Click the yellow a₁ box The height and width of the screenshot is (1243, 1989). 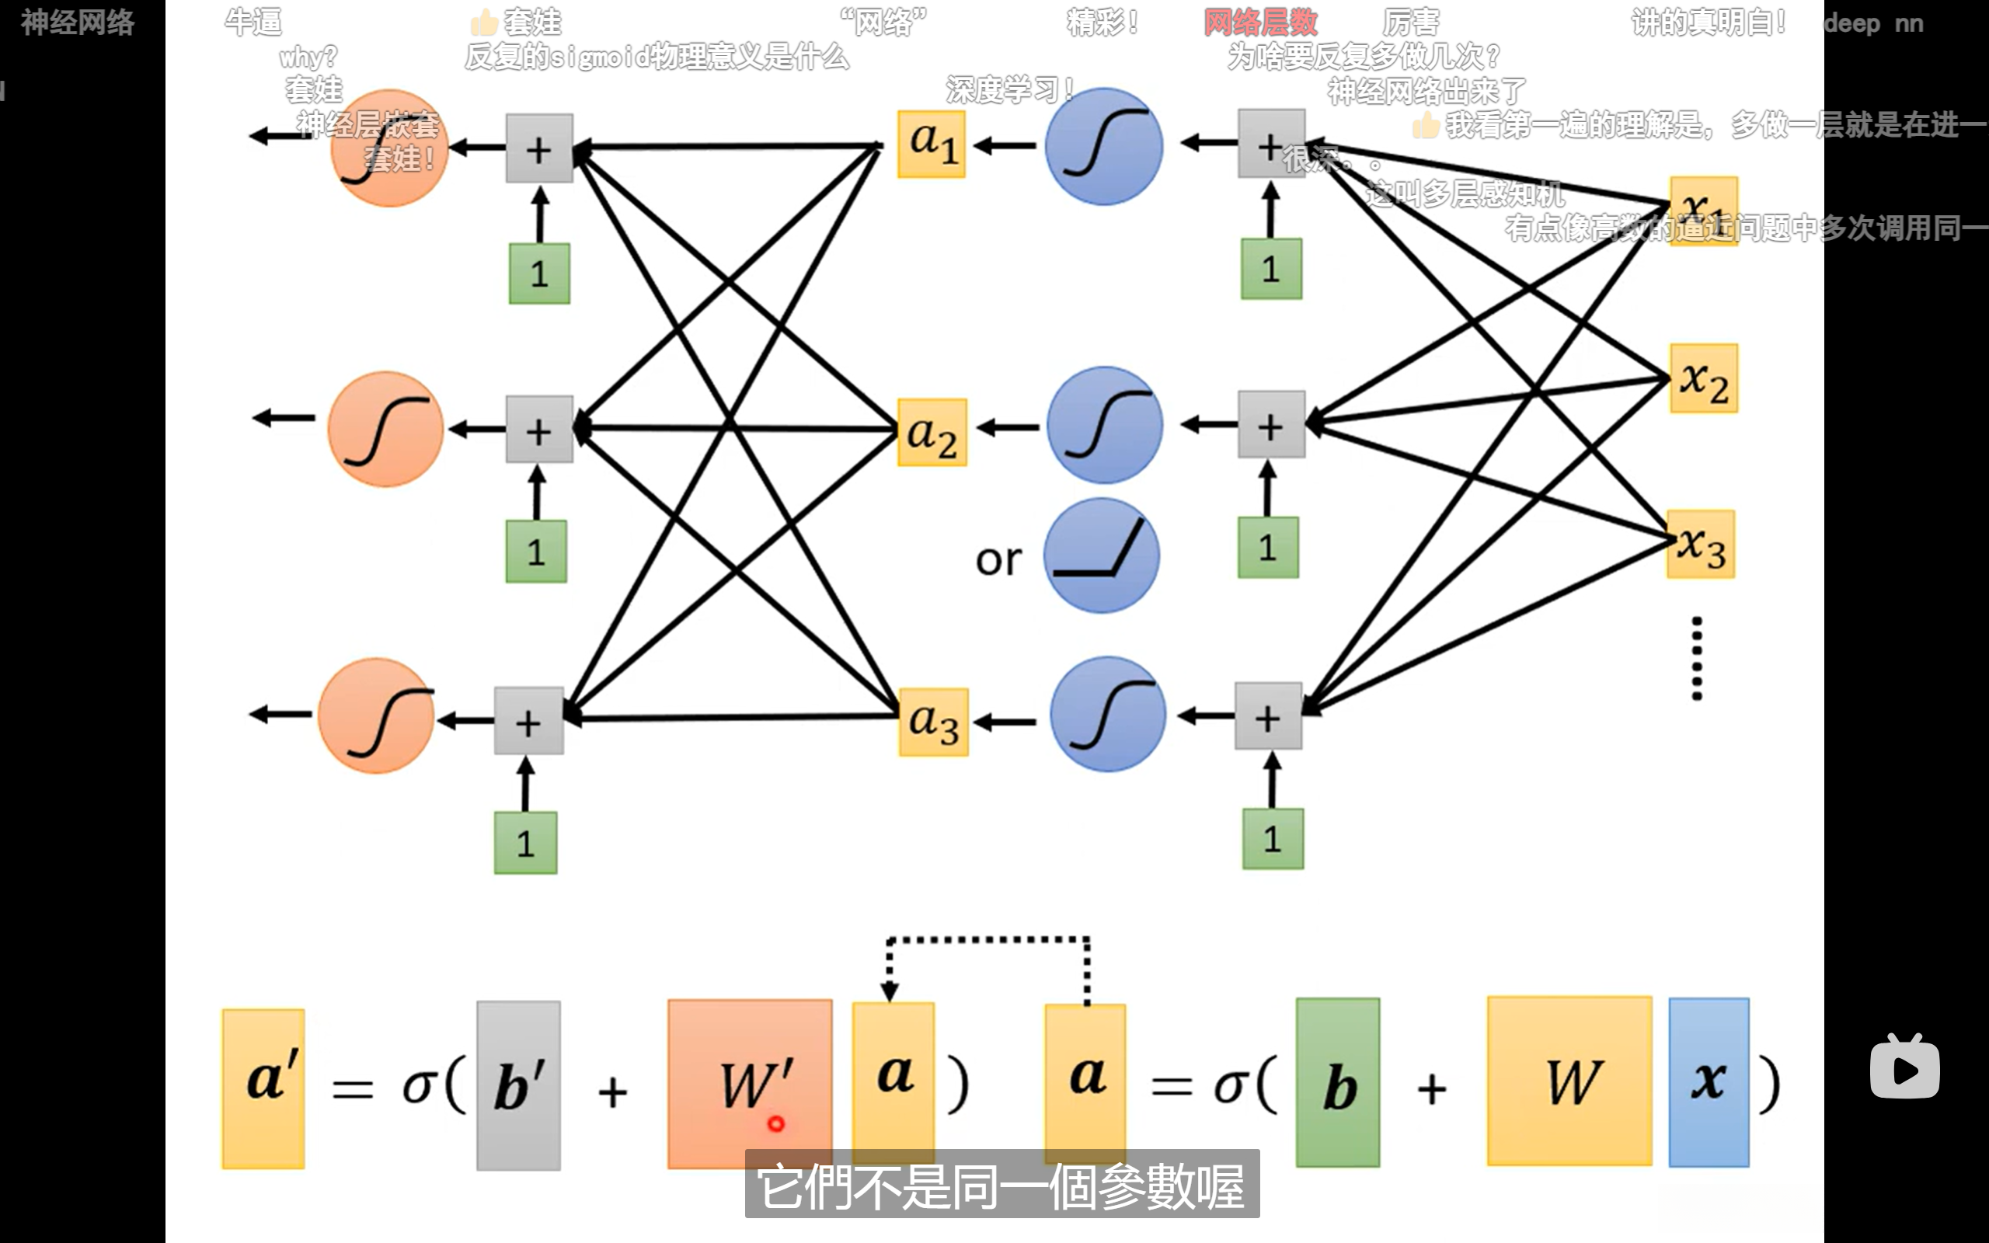pyautogui.click(x=932, y=144)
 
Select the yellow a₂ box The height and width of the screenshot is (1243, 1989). pyautogui.click(x=932, y=433)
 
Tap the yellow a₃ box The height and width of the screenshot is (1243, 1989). pyautogui.click(x=934, y=722)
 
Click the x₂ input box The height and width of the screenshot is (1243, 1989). pyautogui.click(x=1703, y=379)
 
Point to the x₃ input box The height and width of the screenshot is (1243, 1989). pyautogui.click(x=1701, y=545)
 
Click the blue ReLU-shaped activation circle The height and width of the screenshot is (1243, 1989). pyautogui.click(x=1102, y=556)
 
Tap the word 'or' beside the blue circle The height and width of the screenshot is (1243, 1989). pyautogui.click(x=998, y=561)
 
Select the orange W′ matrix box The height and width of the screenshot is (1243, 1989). pyautogui.click(x=750, y=1083)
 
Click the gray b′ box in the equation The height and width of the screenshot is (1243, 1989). pyautogui.click(x=519, y=1085)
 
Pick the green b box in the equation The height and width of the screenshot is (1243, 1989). pyautogui.click(x=1337, y=1083)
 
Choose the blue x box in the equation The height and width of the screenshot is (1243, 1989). pyautogui.click(x=1709, y=1082)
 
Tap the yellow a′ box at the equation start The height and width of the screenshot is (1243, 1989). pyautogui.click(x=263, y=1088)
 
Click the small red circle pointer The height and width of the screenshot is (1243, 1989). pyautogui.click(x=776, y=1123)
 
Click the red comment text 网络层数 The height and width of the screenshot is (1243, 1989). pyautogui.click(x=1261, y=23)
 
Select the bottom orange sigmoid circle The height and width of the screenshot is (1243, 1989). pyautogui.click(x=376, y=716)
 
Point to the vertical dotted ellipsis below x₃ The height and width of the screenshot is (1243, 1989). pyautogui.click(x=1696, y=658)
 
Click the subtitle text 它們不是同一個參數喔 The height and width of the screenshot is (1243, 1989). pyautogui.click(x=1001, y=1186)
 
